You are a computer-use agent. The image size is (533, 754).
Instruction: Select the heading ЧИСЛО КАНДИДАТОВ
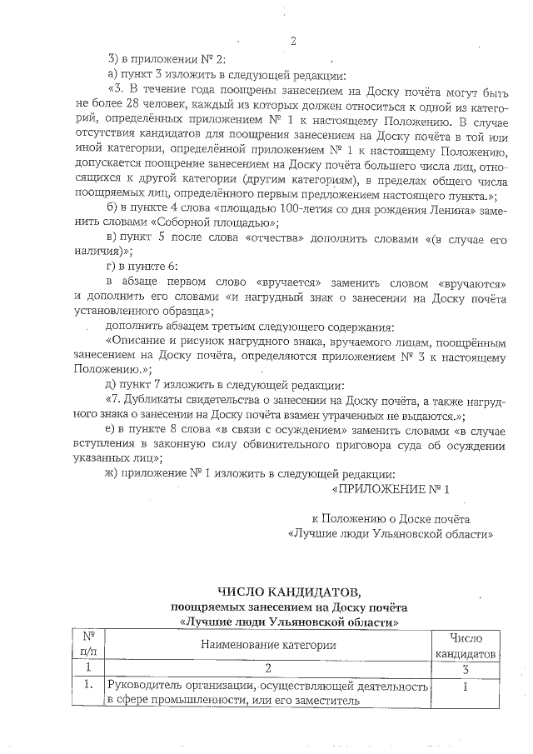point(290,592)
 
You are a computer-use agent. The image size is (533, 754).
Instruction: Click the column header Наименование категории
point(267,644)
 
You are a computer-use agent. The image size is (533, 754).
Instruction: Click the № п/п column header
point(87,644)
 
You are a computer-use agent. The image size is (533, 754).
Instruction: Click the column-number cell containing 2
point(267,667)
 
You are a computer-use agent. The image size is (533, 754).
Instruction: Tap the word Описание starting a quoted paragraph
point(141,342)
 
